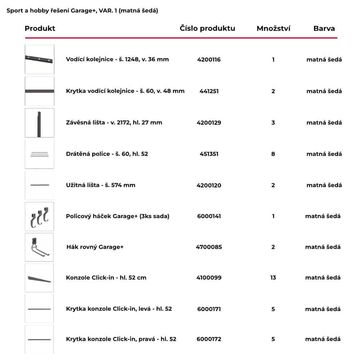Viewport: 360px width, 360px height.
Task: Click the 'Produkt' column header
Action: [40, 28]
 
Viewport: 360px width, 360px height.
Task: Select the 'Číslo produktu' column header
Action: [207, 28]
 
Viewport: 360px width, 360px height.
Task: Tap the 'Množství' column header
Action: [273, 28]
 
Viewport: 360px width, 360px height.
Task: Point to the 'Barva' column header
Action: [324, 28]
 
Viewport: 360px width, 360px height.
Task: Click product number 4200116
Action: [209, 60]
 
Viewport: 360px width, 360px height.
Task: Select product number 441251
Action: [209, 91]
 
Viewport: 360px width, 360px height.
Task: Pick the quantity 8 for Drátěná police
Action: [273, 154]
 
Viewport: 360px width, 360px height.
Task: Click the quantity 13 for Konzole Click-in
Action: [273, 278]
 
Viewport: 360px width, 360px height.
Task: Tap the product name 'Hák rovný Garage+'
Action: [95, 247]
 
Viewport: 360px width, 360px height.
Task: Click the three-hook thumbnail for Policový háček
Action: [39, 216]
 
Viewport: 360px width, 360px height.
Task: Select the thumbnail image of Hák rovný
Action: [39, 247]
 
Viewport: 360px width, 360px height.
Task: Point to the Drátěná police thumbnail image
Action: [39, 154]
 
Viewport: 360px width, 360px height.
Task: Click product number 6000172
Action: [209, 339]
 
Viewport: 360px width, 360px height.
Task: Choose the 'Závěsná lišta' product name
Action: [114, 122]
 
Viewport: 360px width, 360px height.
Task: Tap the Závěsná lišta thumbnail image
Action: [39, 123]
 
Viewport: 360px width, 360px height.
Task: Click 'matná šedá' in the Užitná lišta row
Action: [324, 185]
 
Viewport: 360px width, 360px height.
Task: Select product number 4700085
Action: [209, 247]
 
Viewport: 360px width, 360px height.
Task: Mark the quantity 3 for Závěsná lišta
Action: [273, 123]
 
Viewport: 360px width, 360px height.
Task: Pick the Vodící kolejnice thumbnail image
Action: [39, 59]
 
